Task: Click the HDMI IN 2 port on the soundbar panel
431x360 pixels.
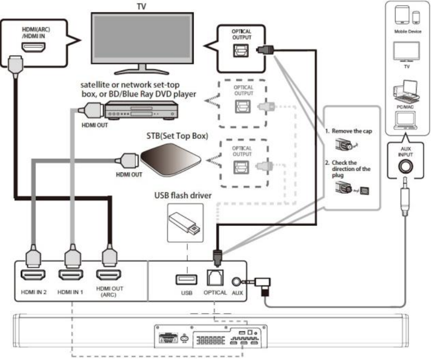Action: click(x=33, y=274)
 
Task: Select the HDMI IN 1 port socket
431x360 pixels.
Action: click(x=70, y=274)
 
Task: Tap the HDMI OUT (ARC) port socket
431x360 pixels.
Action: click(x=109, y=274)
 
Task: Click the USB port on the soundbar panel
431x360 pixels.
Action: click(x=187, y=279)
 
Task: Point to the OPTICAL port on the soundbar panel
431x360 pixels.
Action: click(x=215, y=278)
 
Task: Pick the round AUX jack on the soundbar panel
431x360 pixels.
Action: click(x=236, y=281)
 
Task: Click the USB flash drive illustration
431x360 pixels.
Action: click(x=185, y=223)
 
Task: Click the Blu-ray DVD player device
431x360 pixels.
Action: click(x=141, y=110)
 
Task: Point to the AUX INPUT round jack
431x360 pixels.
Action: click(x=406, y=166)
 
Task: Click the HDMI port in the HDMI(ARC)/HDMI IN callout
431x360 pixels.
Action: click(x=33, y=48)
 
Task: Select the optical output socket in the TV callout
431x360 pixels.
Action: click(x=241, y=51)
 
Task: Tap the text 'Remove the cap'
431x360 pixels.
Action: click(x=351, y=131)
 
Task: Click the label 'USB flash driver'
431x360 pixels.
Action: click(x=183, y=196)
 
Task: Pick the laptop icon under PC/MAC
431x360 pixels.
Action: click(x=405, y=120)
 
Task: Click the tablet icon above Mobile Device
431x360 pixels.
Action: click(x=402, y=15)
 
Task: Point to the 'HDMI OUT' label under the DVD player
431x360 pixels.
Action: click(x=94, y=125)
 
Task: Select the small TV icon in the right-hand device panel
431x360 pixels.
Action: click(x=406, y=52)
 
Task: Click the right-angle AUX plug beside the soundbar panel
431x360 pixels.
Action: click(x=263, y=285)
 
